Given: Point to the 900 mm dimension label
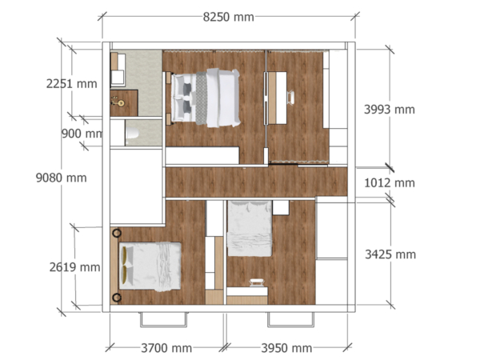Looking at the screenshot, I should (82, 134).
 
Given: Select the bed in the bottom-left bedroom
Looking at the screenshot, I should (150, 264).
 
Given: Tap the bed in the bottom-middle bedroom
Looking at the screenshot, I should (250, 229).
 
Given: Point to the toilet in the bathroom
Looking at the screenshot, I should (133, 134).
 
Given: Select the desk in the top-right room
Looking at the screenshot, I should (278, 97).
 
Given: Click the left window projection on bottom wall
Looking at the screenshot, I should (164, 318).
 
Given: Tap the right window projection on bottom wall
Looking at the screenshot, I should (291, 318).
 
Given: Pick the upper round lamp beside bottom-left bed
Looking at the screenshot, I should (117, 232).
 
